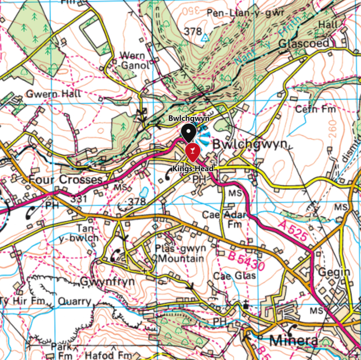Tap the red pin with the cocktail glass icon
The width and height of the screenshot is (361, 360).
[191, 152]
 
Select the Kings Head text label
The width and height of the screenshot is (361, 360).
[193, 169]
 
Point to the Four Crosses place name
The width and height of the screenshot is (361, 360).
[65, 179]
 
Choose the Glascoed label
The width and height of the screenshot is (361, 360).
[304, 43]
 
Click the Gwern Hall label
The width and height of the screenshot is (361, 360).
[45, 94]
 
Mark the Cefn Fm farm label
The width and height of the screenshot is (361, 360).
[315, 108]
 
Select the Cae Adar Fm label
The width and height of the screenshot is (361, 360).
[223, 219]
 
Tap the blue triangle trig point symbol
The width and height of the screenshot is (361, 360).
[205, 37]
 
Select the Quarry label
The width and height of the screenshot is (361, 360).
[74, 301]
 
